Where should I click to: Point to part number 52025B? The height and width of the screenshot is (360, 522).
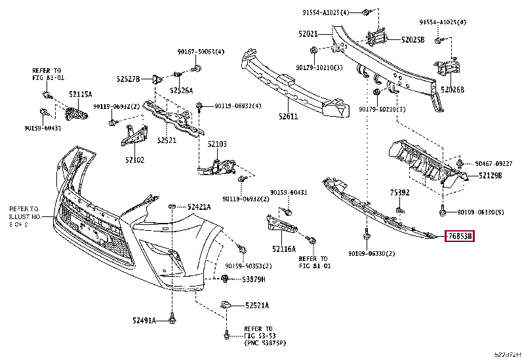click(x=413, y=39)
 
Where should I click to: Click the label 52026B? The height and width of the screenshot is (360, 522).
click(x=452, y=90)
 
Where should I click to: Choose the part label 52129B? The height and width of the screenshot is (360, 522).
click(x=490, y=176)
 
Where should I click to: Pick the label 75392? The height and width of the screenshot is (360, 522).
click(x=400, y=193)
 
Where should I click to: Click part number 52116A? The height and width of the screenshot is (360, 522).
click(x=284, y=249)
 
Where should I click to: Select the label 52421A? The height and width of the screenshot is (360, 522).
click(x=199, y=207)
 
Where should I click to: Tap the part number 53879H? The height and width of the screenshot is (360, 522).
click(x=253, y=279)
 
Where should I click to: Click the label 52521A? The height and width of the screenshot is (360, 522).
click(x=257, y=306)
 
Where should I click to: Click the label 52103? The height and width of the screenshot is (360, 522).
click(x=217, y=144)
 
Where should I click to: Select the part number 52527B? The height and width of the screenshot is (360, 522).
click(x=129, y=79)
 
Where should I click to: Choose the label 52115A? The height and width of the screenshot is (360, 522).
click(x=81, y=94)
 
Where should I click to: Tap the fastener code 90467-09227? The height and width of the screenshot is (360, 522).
click(x=493, y=163)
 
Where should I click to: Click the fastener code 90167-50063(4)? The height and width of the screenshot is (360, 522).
click(x=200, y=52)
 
